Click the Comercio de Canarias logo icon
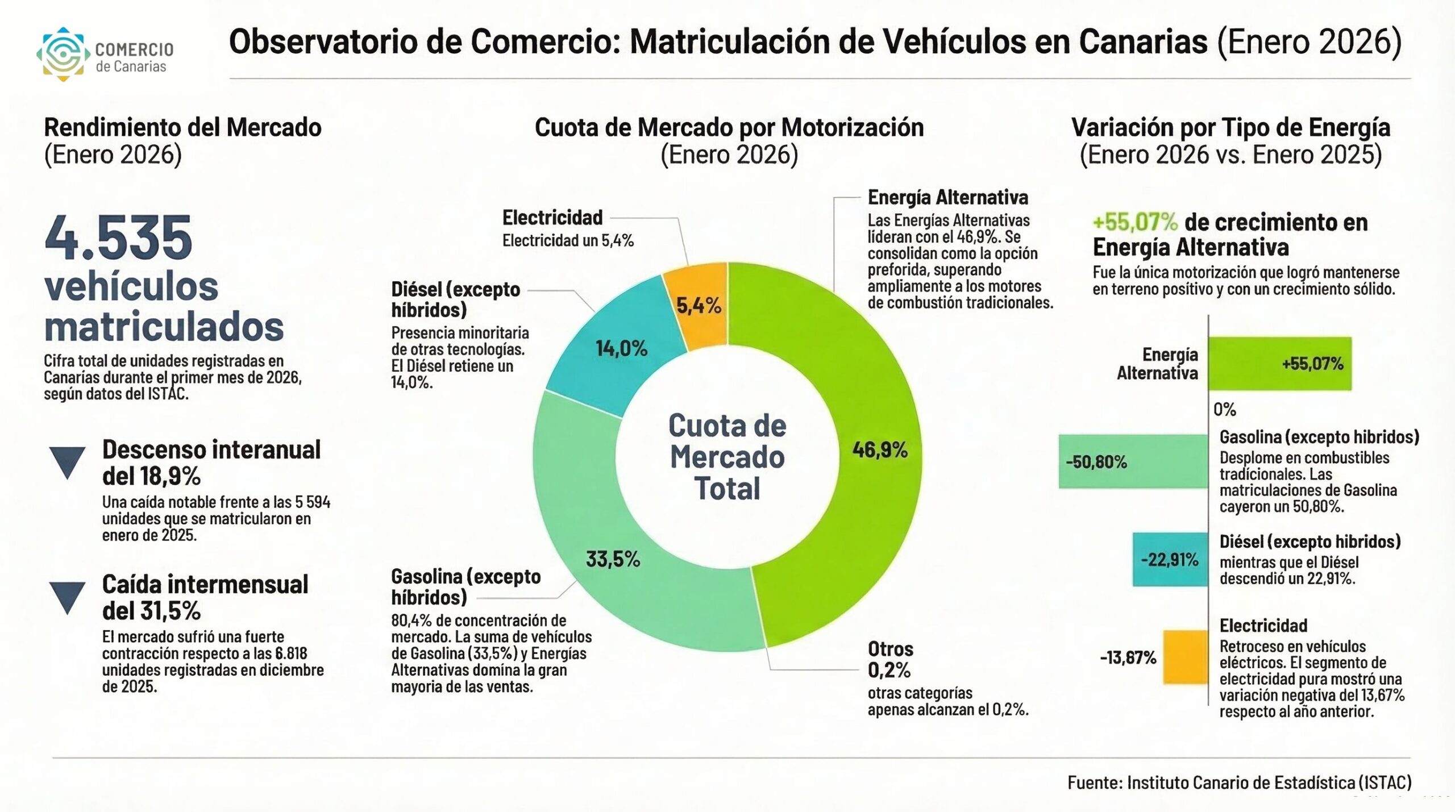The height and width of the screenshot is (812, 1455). pyautogui.click(x=63, y=54)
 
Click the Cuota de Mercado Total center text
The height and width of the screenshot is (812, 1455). pyautogui.click(x=727, y=457)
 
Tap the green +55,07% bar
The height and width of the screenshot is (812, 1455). pyautogui.click(x=1279, y=364)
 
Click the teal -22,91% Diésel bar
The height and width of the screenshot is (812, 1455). pyautogui.click(x=1170, y=560)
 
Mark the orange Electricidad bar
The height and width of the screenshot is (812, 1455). pyautogui.click(x=1185, y=657)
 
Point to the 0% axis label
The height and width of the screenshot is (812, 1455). pyautogui.click(x=1224, y=410)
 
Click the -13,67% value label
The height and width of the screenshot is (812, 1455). pyautogui.click(x=1128, y=658)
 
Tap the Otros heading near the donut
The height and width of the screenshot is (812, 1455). pyautogui.click(x=890, y=649)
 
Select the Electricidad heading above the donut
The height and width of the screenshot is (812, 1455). pyautogui.click(x=552, y=218)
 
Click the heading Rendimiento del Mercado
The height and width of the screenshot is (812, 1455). pyautogui.click(x=182, y=127)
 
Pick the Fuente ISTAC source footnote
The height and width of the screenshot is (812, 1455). pyautogui.click(x=1239, y=782)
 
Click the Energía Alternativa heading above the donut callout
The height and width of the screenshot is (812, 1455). pyautogui.click(x=947, y=198)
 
